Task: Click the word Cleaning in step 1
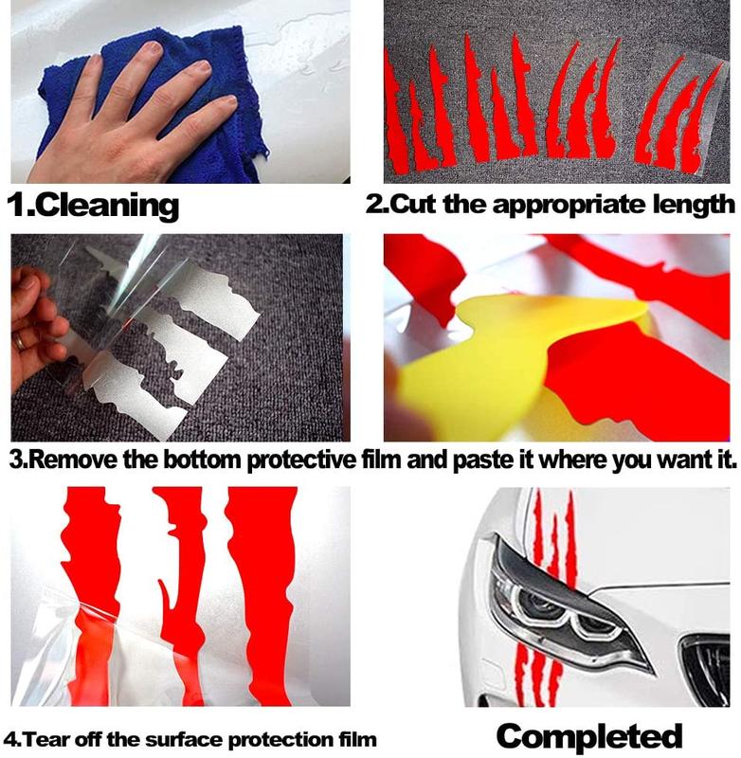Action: (x=107, y=206)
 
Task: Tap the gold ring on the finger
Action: (x=20, y=342)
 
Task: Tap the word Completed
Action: (x=589, y=737)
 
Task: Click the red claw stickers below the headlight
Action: (x=537, y=677)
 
